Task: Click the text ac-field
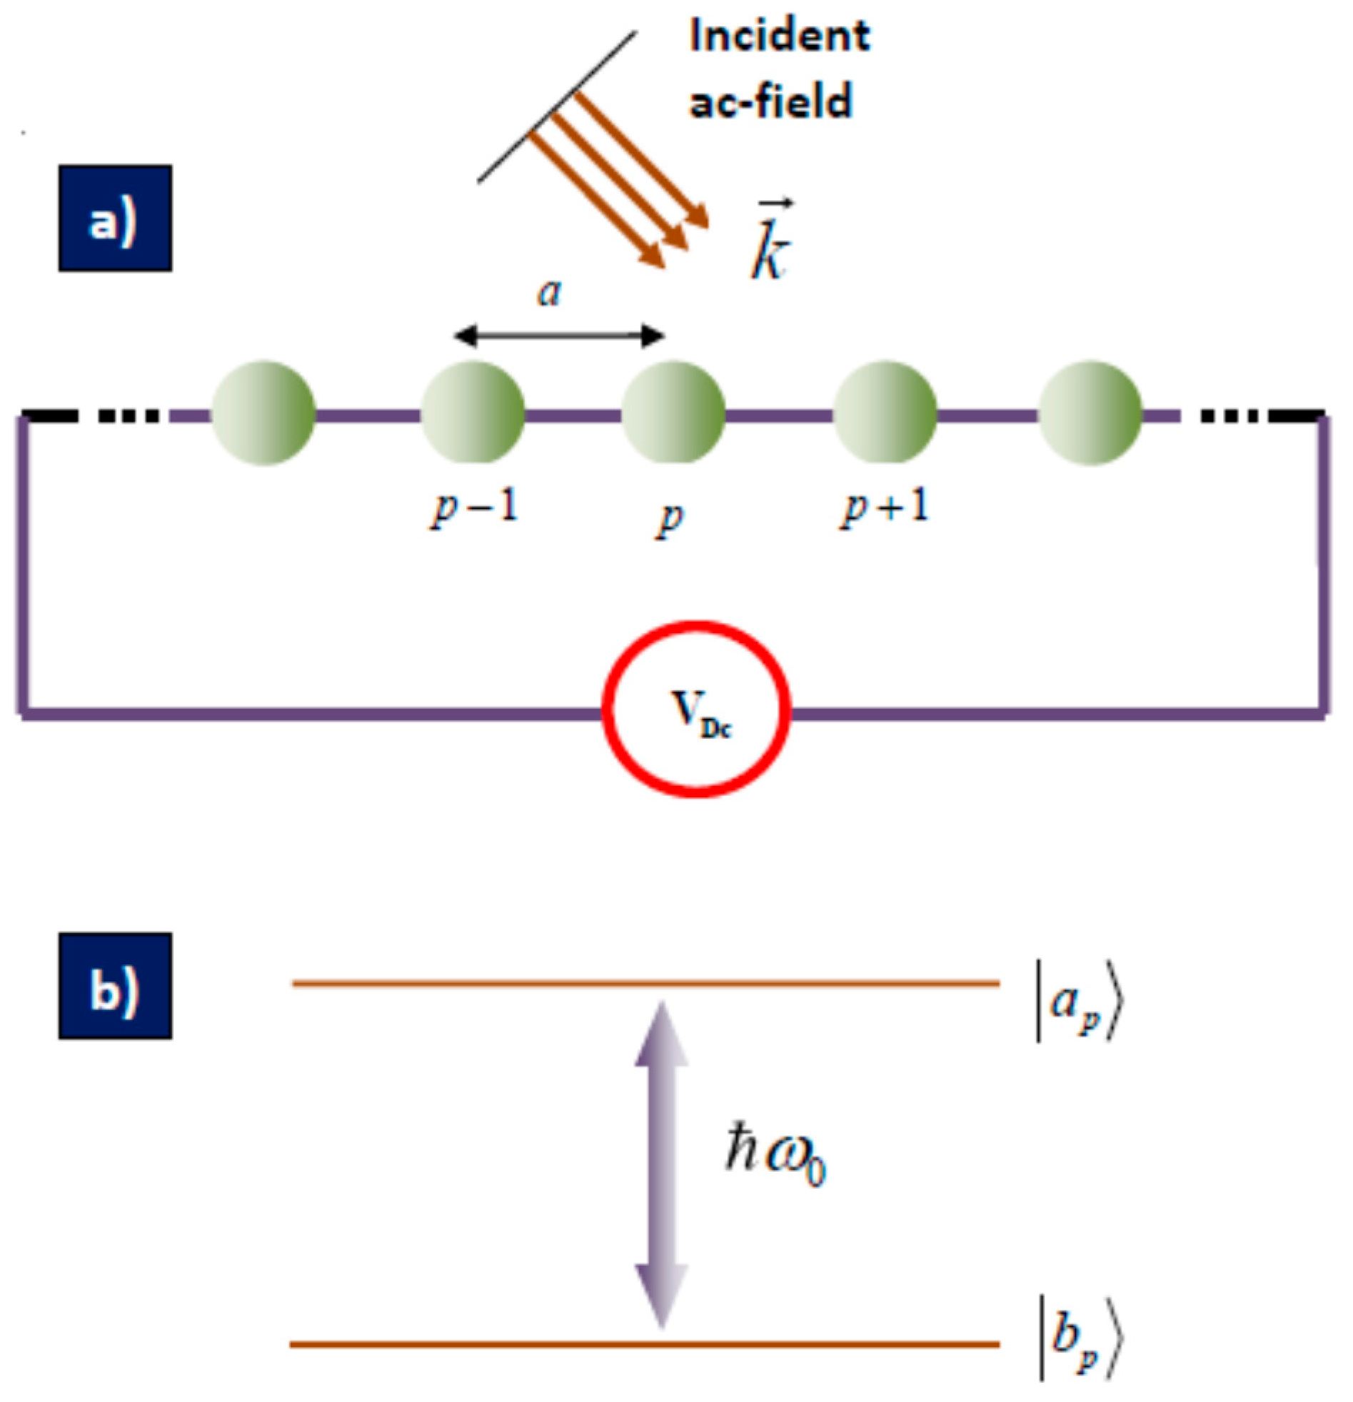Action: click(770, 101)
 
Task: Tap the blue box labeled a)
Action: click(114, 218)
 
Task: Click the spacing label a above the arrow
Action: click(550, 292)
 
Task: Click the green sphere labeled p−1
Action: click(472, 413)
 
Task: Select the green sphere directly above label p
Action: click(673, 413)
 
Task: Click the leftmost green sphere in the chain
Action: click(264, 413)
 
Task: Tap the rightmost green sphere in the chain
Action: click(1090, 413)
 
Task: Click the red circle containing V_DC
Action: click(695, 708)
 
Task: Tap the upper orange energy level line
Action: click(644, 984)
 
